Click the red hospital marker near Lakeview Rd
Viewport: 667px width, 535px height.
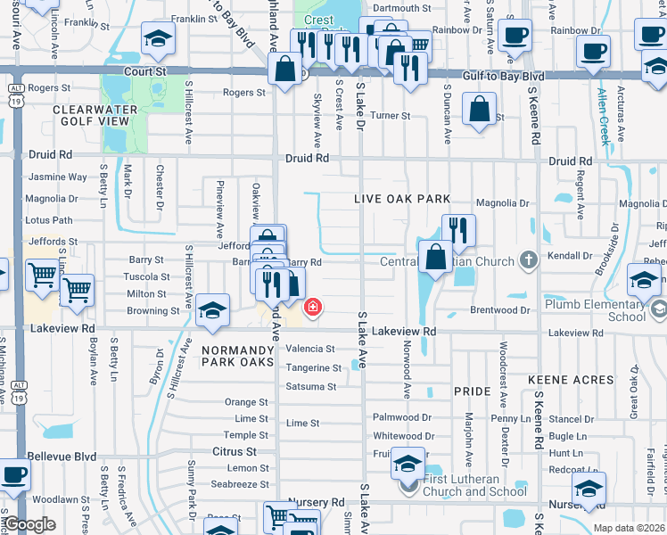312,309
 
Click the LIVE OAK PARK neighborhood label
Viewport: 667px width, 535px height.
401,199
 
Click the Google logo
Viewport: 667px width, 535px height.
29,524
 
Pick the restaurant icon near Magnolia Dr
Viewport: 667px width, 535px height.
458,229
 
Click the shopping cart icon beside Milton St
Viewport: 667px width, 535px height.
78,289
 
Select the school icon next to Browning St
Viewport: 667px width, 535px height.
212,310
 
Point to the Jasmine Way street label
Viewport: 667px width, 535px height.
58,177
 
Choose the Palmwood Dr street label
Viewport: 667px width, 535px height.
402,417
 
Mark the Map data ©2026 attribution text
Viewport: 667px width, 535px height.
629,528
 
